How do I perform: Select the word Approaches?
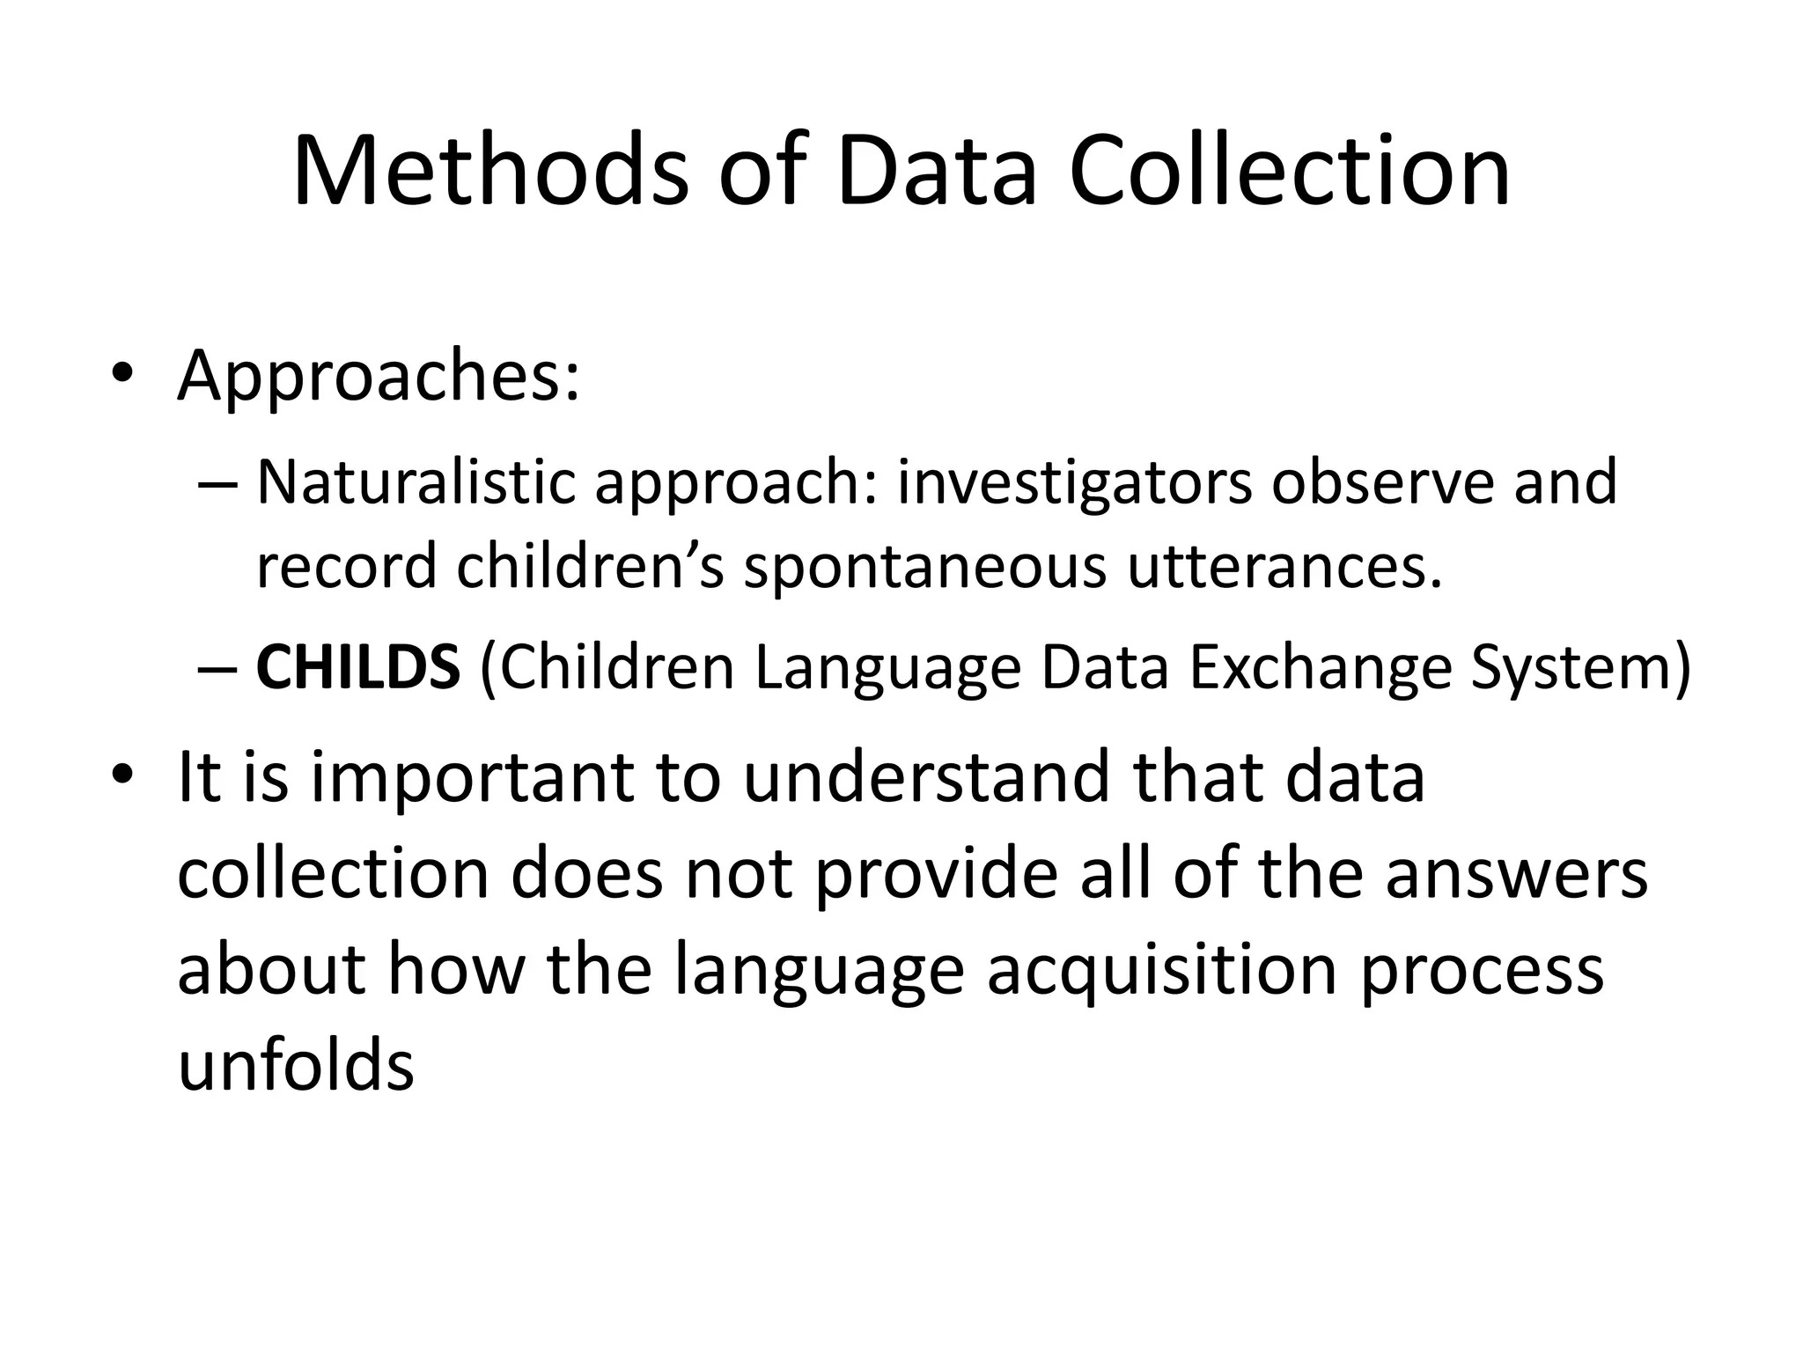[379, 376]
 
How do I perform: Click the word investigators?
[1074, 484]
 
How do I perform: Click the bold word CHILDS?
[357, 667]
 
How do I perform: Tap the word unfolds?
[296, 1065]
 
